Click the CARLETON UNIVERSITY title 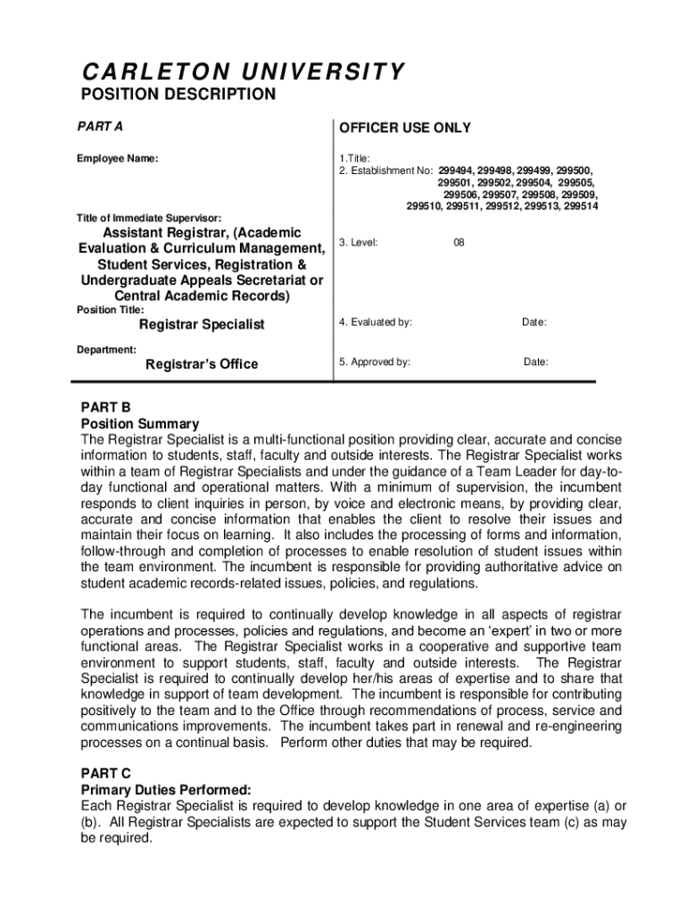pos(243,71)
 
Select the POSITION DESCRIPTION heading pos(178,95)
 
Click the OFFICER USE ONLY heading pos(404,129)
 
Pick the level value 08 pos(459,242)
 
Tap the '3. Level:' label pos(359,242)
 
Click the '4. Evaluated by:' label pos(376,322)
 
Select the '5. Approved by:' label pos(375,362)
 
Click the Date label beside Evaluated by pos(534,322)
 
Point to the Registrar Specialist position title pos(202,325)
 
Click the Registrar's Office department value pos(202,364)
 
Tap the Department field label pos(106,350)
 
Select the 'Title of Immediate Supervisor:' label pos(149,218)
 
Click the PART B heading pos(106,408)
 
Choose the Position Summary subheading pos(140,424)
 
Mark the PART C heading pos(106,774)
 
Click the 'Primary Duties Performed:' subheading pos(166,790)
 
